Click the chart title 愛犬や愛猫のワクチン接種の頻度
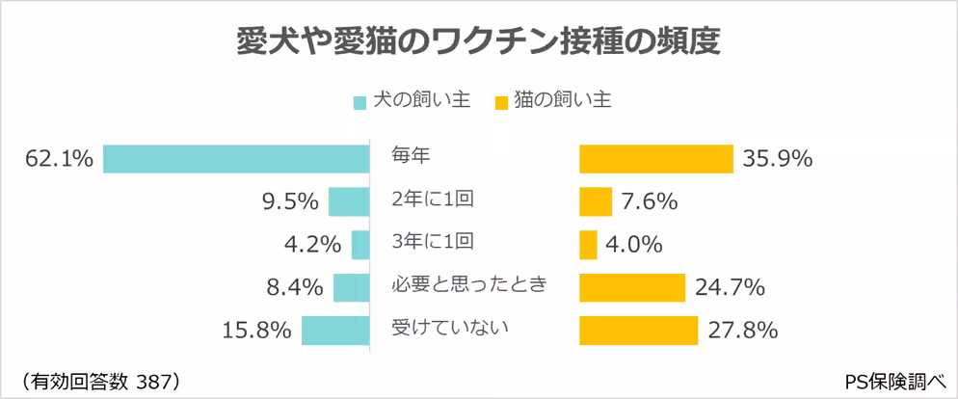(x=479, y=43)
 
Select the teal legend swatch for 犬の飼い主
(x=359, y=101)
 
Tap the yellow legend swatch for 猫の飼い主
(x=499, y=101)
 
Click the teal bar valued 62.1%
(x=236, y=158)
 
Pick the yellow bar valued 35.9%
(x=656, y=158)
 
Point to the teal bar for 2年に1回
(x=349, y=201)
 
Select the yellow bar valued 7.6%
(x=596, y=201)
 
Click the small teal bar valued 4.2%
(x=360, y=245)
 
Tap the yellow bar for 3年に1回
(x=588, y=245)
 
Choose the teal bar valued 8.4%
(x=352, y=287)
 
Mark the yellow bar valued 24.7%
(x=632, y=287)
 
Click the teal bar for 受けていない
(x=335, y=331)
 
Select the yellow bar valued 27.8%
(x=639, y=331)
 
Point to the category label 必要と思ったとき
(x=469, y=283)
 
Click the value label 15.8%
(x=257, y=331)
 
